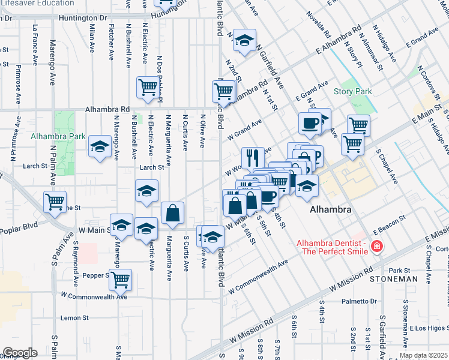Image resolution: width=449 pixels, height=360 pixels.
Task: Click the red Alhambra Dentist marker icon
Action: [376, 247]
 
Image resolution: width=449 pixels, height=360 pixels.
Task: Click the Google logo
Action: [20, 353]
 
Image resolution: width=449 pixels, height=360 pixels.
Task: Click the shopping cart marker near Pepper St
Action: [121, 278]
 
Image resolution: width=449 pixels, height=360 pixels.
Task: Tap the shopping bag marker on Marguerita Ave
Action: [173, 212]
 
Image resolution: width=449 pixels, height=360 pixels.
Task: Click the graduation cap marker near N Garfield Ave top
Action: [244, 40]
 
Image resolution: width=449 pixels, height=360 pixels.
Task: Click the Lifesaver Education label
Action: [37, 3]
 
